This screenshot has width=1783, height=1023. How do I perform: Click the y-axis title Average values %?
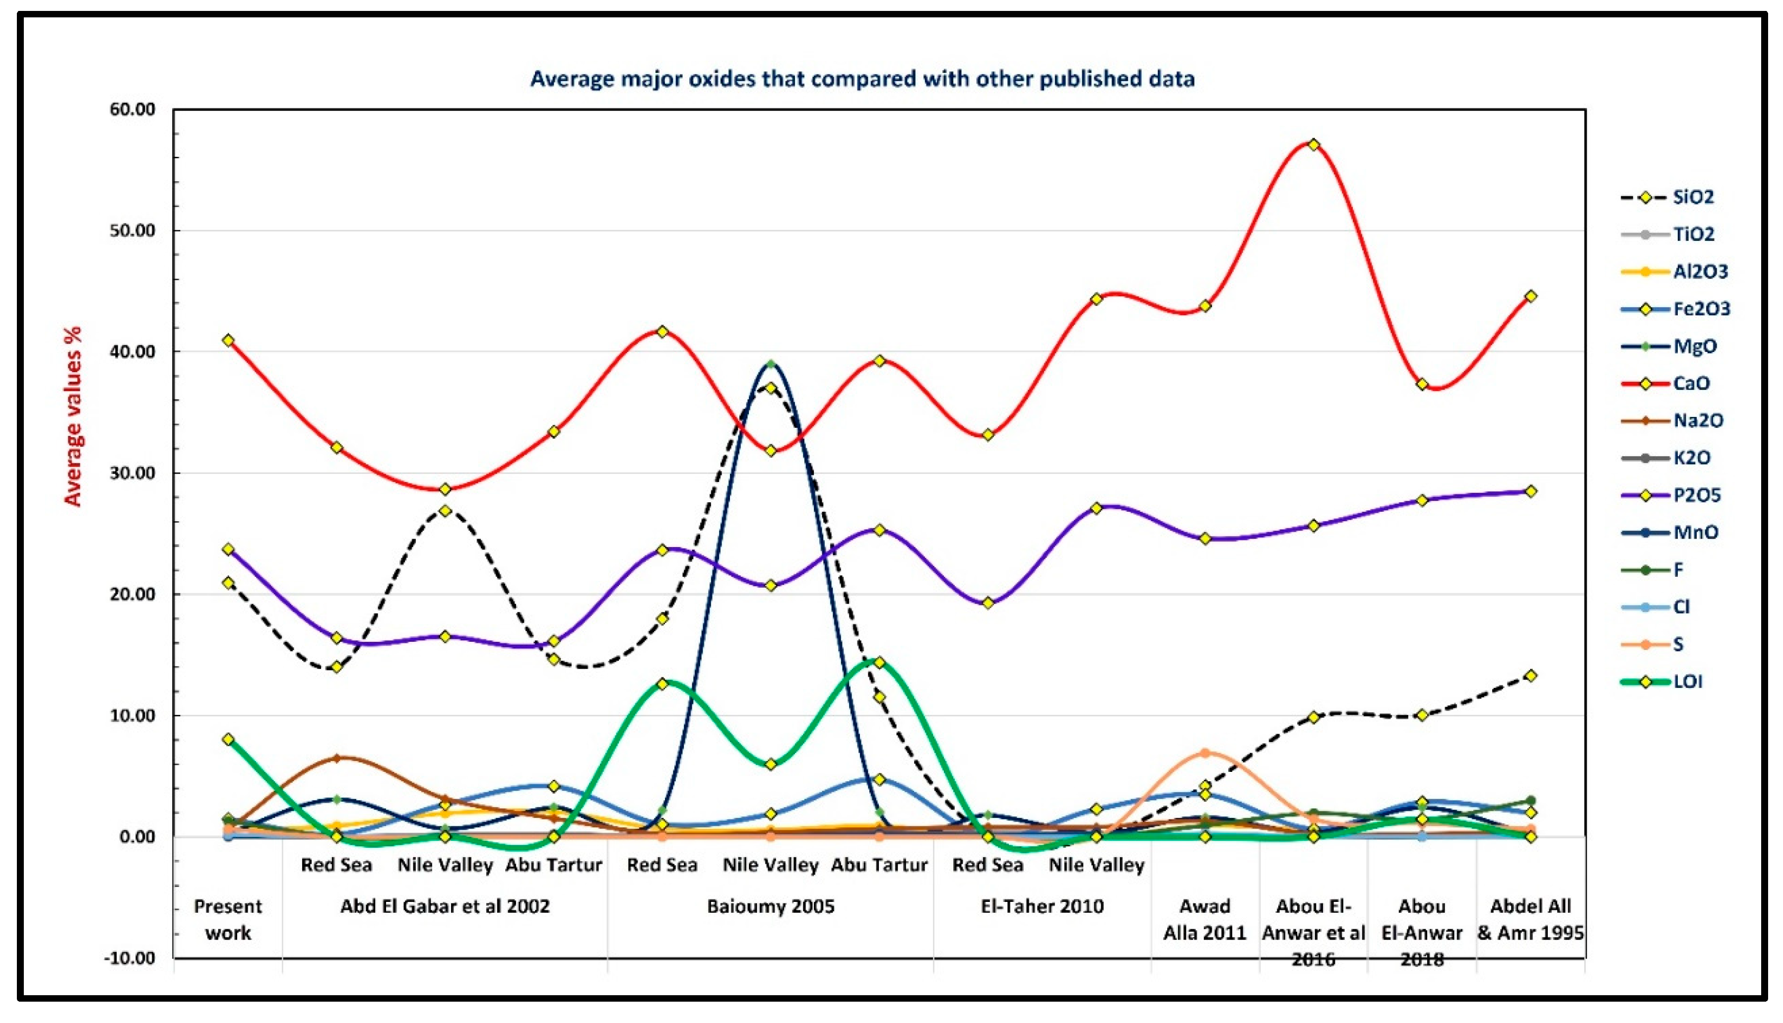73,416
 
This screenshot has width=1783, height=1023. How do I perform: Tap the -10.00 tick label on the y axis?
130,957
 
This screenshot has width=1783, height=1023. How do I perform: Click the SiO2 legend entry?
1692,197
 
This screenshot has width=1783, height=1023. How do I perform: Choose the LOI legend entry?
1688,682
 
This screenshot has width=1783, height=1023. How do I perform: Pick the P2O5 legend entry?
1696,495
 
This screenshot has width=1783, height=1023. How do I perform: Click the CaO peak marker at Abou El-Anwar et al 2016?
1313,145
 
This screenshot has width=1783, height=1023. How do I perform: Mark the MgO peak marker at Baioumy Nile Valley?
770,364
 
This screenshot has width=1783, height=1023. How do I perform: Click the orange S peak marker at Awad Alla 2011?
1204,753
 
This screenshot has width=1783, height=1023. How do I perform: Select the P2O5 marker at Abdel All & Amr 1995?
1530,491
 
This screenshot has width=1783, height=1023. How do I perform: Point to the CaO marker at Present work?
228,340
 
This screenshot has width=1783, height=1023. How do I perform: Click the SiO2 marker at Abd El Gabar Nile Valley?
445,511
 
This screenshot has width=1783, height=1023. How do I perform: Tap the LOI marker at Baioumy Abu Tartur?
878,663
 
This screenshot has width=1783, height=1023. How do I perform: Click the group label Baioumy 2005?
770,906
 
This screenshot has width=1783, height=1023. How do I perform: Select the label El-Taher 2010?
1042,906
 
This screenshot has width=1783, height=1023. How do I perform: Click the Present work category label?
228,919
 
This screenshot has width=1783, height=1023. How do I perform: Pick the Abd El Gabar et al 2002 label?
445,906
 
